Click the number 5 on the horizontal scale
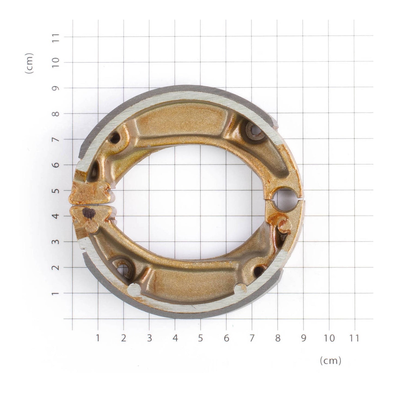[x=200, y=338]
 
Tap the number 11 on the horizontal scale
[x=354, y=338]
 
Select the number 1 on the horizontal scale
[x=98, y=338]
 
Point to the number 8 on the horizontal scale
[x=277, y=338]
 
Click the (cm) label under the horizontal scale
[x=330, y=361]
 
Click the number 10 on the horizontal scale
[x=329, y=338]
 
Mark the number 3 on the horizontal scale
[x=149, y=338]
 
